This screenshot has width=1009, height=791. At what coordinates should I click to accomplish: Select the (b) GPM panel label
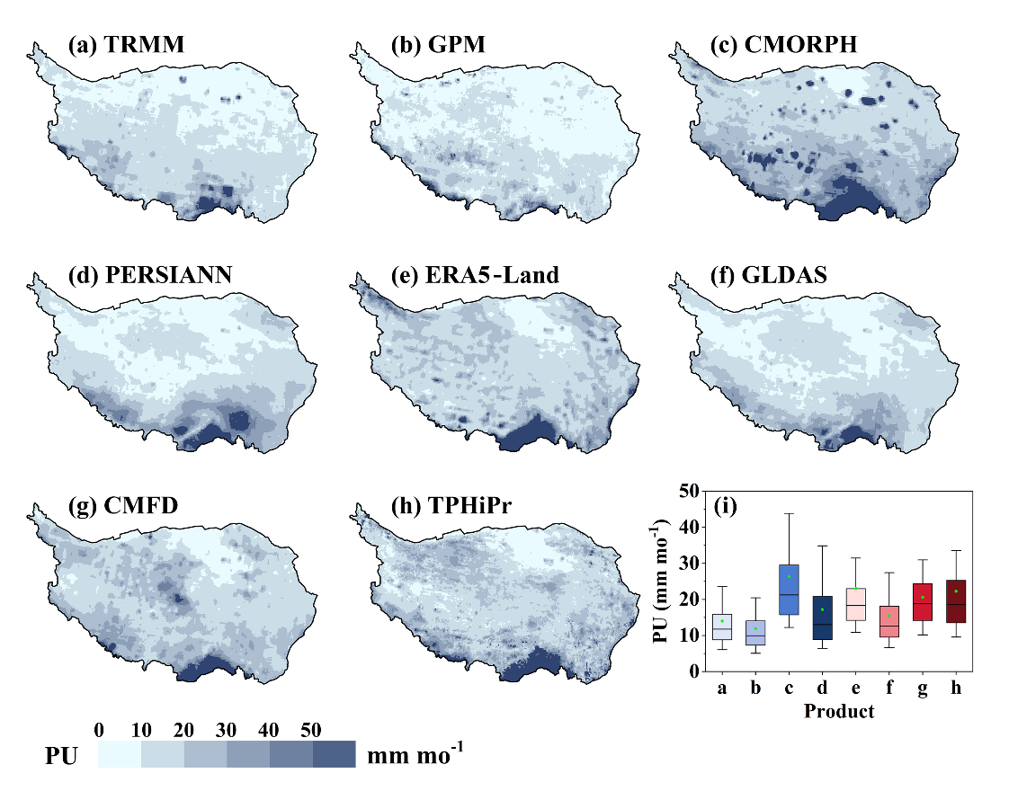click(438, 45)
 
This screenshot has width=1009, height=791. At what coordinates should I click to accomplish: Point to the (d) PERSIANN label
click(150, 274)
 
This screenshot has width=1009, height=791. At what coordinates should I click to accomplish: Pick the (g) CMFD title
click(123, 507)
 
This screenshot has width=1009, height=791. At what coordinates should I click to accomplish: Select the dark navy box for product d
click(822, 618)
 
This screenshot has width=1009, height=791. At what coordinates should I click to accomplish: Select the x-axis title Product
click(839, 712)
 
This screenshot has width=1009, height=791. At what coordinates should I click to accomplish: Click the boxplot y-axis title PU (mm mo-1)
click(662, 581)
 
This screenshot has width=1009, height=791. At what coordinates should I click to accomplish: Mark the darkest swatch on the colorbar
click(335, 754)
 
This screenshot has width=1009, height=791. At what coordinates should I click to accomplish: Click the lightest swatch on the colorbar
click(120, 754)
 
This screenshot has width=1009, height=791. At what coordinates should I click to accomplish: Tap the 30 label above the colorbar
click(227, 729)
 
